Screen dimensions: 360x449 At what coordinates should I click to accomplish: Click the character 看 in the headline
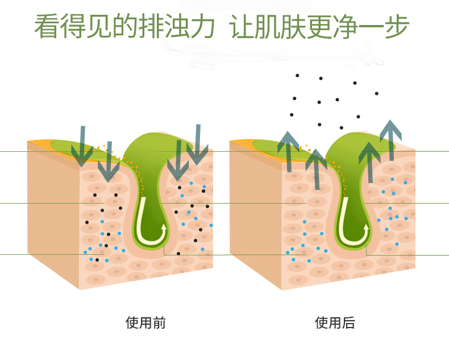[47, 26]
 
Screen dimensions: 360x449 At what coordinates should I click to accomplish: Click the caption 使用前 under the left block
[145, 323]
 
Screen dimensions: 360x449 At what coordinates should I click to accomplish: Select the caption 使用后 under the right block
[335, 323]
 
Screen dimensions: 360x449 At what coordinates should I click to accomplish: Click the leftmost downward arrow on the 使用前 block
[82, 145]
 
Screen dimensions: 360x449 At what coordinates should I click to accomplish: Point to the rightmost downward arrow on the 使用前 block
[197, 145]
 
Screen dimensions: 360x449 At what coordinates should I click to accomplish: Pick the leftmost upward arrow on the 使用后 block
[288, 151]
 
